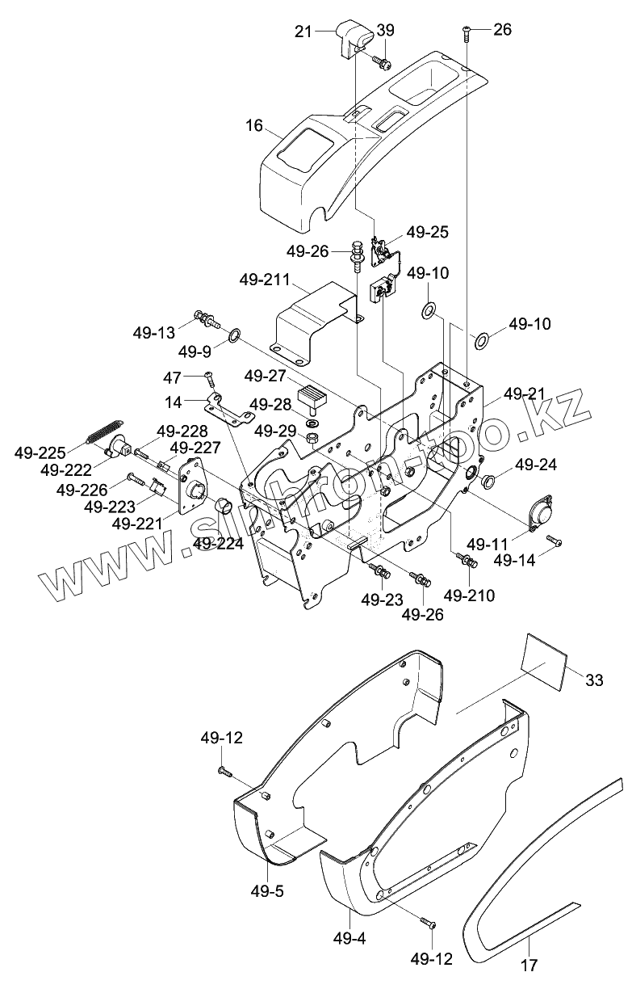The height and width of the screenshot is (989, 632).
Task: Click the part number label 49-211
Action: pyautogui.click(x=265, y=280)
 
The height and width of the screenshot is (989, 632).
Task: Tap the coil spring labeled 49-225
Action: pyautogui.click(x=103, y=431)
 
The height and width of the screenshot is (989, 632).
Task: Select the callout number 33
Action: pyautogui.click(x=593, y=680)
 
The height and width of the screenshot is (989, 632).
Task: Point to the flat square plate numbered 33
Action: pyautogui.click(x=544, y=662)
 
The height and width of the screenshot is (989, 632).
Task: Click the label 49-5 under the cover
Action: pyautogui.click(x=267, y=891)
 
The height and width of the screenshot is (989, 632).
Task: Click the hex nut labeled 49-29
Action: pyautogui.click(x=312, y=439)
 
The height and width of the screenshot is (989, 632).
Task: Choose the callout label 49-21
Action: pyautogui.click(x=524, y=393)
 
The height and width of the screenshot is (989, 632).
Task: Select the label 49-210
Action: pyautogui.click(x=469, y=596)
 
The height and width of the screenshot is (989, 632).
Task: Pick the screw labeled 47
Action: pyautogui.click(x=210, y=378)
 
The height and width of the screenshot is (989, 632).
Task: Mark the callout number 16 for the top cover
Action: pyautogui.click(x=254, y=126)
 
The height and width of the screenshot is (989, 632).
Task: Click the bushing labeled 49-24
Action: pyautogui.click(x=487, y=481)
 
